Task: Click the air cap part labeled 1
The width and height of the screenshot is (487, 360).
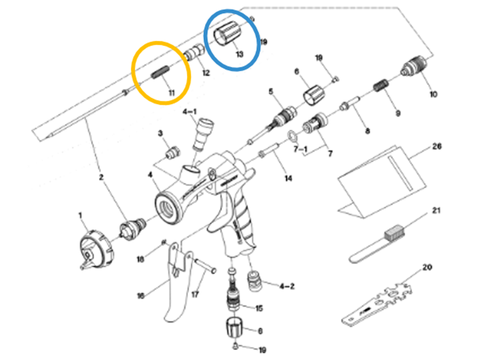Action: pyautogui.click(x=97, y=249)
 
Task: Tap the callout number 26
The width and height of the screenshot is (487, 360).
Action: pyautogui.click(x=436, y=146)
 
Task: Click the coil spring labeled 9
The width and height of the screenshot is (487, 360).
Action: pyautogui.click(x=381, y=85)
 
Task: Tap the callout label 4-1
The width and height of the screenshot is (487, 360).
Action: pyautogui.click(x=189, y=112)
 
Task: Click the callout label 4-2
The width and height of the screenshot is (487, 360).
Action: pyautogui.click(x=287, y=286)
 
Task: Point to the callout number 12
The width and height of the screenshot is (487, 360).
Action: pyautogui.click(x=206, y=73)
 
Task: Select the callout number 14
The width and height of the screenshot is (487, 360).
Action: pyautogui.click(x=288, y=178)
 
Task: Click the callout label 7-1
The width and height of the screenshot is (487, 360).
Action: pyautogui.click(x=300, y=149)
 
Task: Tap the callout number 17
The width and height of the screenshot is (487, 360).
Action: pyautogui.click(x=195, y=294)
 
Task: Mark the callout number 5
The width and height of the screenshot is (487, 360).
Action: pyautogui.click(x=271, y=92)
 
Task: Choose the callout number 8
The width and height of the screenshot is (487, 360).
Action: pyautogui.click(x=367, y=131)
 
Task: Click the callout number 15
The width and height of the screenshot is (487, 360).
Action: pyautogui.click(x=259, y=308)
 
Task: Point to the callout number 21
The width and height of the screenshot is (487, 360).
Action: pyautogui.click(x=436, y=211)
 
